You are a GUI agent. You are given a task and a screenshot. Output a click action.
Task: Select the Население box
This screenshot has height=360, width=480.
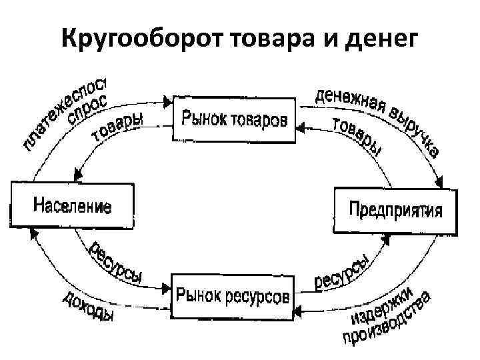(x=72, y=205)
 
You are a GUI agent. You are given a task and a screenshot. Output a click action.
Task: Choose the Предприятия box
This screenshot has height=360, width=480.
(x=396, y=211)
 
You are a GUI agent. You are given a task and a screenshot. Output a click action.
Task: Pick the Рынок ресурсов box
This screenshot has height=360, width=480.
(x=233, y=294)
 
